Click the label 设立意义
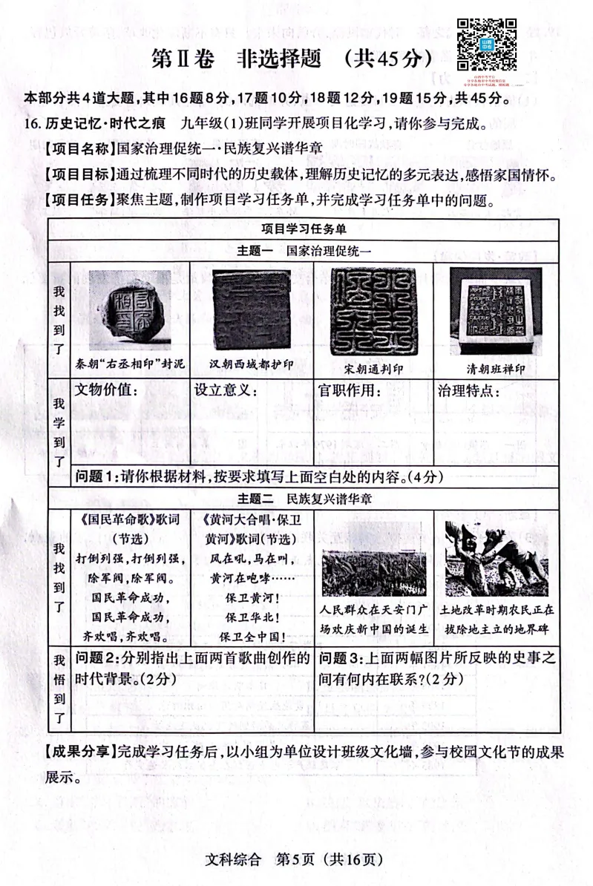[x=222, y=389]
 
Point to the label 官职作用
[x=344, y=389]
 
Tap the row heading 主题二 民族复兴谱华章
[x=304, y=499]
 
